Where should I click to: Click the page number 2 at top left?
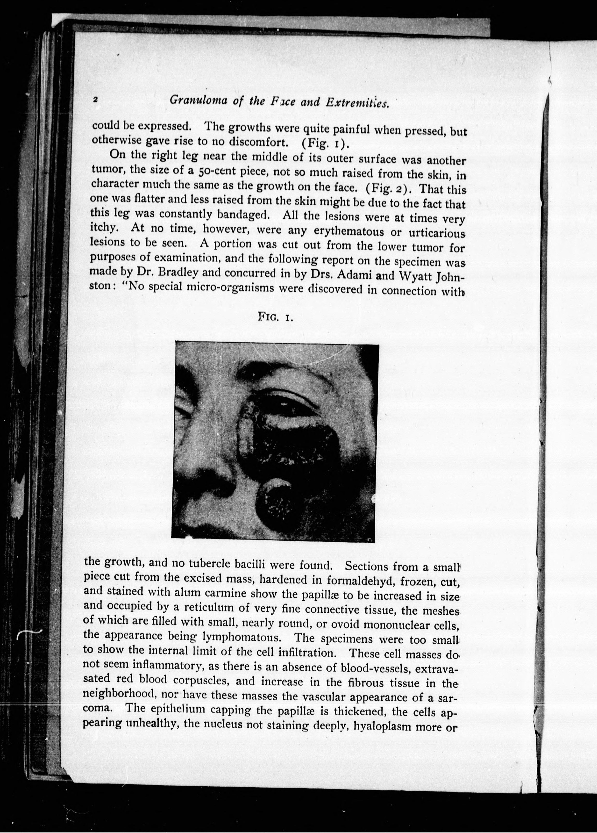95,99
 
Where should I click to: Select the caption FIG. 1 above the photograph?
275,316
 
